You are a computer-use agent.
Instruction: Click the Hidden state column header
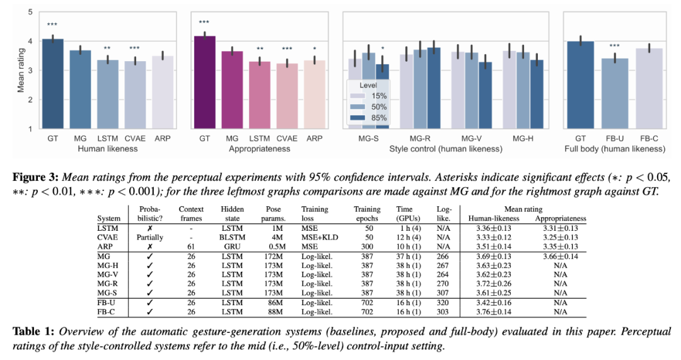(231, 213)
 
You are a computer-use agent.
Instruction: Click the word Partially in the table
(150, 236)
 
